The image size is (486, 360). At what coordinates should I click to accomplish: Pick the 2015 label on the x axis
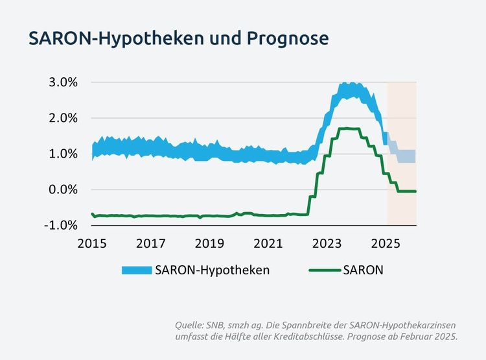[93, 243]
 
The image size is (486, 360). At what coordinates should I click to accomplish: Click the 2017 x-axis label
[151, 243]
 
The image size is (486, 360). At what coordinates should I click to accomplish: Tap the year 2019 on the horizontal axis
[209, 243]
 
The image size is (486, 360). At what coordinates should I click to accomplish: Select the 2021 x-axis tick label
[268, 243]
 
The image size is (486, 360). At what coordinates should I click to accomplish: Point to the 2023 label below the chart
[327, 243]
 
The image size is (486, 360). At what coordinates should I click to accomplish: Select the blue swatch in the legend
[135, 270]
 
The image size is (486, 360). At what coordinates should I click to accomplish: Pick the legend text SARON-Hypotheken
[212, 270]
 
